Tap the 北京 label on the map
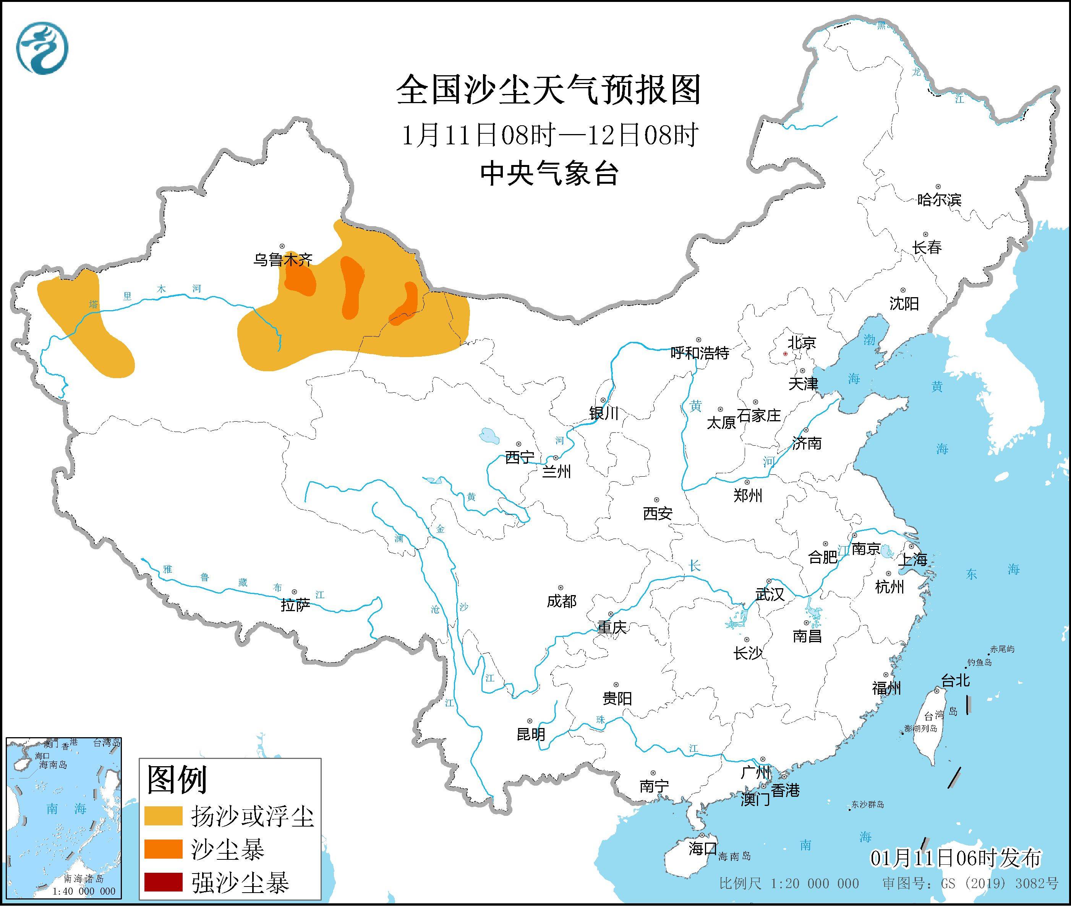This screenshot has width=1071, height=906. [x=802, y=343]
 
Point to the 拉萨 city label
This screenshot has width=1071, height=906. [x=295, y=605]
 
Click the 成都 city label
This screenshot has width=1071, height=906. [x=561, y=601]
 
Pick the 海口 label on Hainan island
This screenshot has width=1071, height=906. [x=702, y=848]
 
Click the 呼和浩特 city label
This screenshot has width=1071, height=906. [x=700, y=353]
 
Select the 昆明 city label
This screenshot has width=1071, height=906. [x=531, y=735]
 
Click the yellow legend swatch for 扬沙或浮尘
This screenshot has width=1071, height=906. [x=163, y=815]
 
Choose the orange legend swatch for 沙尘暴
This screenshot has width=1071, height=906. [x=163, y=849]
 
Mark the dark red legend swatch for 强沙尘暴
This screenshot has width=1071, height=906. [x=163, y=882]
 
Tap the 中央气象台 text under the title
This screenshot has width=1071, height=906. [x=549, y=173]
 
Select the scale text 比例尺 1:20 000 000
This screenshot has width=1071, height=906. [x=789, y=884]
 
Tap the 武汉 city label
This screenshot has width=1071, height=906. [x=770, y=594]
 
